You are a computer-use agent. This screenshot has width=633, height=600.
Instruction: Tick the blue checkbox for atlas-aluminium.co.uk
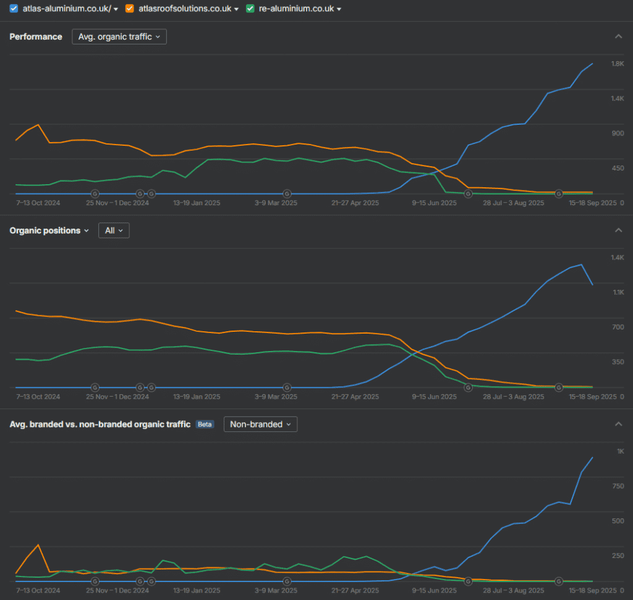pos(14,9)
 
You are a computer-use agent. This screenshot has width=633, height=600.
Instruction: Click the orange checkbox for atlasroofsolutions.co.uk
pos(129,9)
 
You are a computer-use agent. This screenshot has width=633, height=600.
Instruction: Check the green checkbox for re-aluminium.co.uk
pos(250,9)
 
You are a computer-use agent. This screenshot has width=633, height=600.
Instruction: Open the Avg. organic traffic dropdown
pos(119,36)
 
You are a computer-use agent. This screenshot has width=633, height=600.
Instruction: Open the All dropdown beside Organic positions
pos(114,230)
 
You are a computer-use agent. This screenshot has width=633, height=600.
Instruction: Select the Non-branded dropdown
pos(260,425)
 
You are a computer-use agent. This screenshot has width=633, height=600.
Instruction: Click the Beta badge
pos(205,425)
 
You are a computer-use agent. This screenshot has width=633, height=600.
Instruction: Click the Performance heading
pos(36,36)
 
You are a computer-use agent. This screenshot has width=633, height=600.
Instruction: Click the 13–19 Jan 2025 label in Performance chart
pos(197,203)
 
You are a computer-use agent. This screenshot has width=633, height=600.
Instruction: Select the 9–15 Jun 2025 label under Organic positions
pos(434,397)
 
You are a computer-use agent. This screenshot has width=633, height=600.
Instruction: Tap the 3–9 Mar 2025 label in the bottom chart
pos(276,591)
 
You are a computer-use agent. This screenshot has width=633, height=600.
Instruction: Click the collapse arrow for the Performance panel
pos(618,36)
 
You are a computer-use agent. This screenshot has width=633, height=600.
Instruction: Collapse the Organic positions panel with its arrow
pos(618,230)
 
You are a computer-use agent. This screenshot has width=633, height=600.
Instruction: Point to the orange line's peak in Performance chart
pos(38,125)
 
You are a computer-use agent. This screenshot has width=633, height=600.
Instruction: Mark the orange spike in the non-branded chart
pos(38,545)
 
